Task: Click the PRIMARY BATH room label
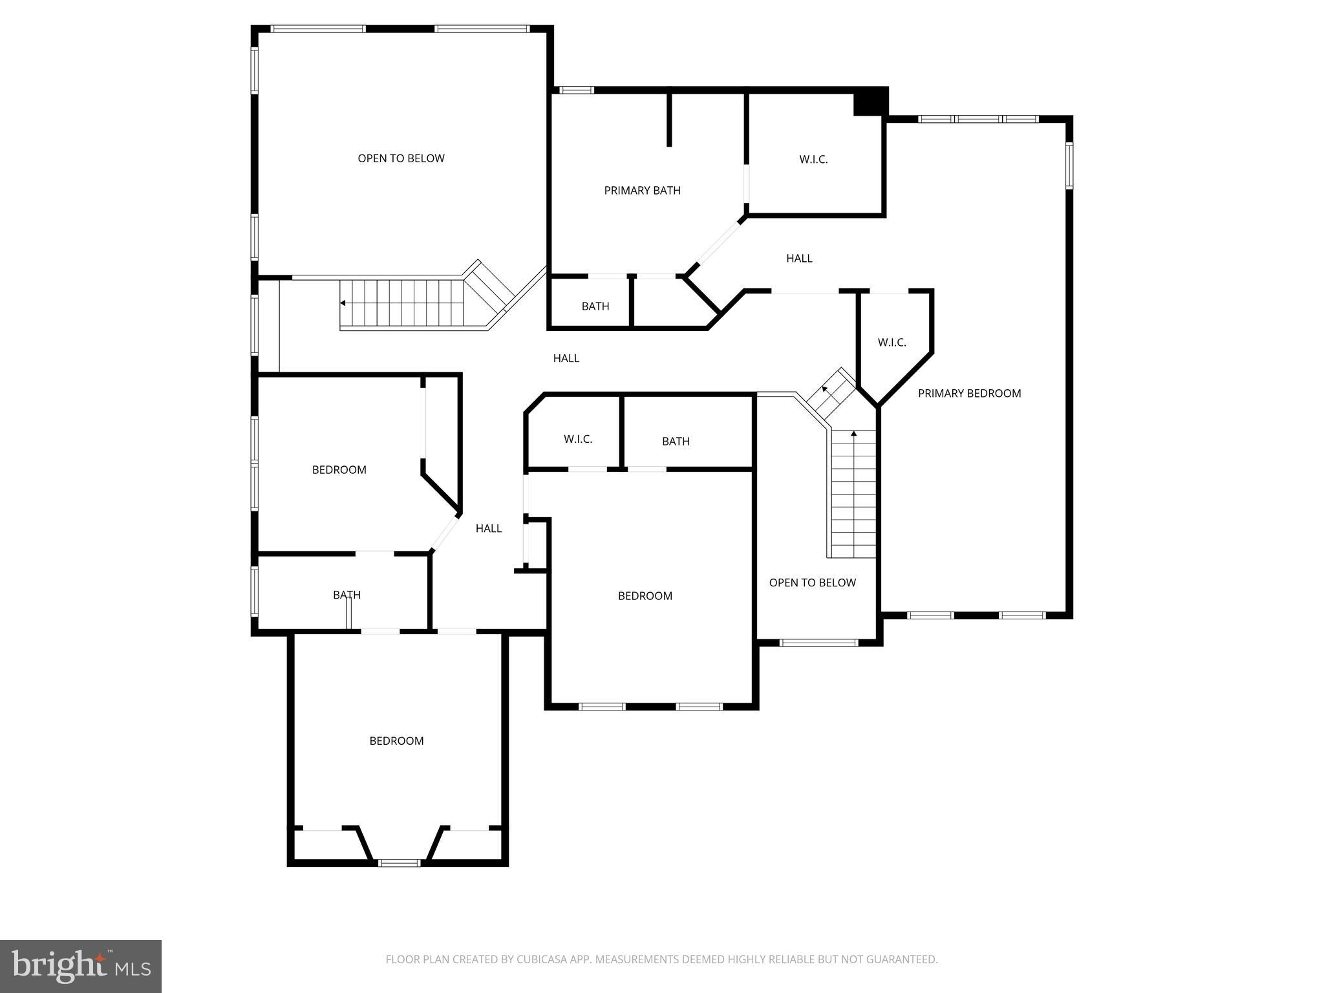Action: coord(642,190)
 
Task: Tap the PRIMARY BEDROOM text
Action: coord(969,393)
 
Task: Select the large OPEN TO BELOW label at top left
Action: coord(401,158)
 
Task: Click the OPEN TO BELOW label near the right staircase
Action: coord(812,582)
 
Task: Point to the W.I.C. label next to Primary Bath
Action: coord(813,159)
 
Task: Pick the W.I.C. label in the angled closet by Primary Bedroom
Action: coord(892,342)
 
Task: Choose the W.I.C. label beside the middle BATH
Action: coord(577,439)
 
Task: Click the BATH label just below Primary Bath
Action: coord(595,306)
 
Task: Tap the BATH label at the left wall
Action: coord(347,595)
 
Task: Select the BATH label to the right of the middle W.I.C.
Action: coord(676,441)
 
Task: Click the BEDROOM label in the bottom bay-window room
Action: coord(396,741)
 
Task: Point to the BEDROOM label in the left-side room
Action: coord(339,470)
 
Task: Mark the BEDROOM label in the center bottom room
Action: coord(645,596)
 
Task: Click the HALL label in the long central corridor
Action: coord(566,358)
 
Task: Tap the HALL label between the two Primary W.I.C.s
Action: coord(799,259)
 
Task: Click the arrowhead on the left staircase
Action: coord(343,303)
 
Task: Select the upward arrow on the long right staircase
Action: coord(853,434)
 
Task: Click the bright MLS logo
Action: coord(80,966)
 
